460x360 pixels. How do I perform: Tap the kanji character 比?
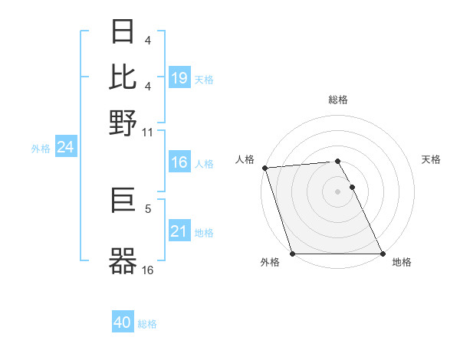(x=123, y=77)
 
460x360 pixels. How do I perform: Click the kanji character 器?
(x=123, y=260)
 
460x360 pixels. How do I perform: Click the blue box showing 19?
(x=179, y=78)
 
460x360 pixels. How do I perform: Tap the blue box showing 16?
(x=179, y=162)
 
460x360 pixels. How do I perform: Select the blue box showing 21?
(x=179, y=231)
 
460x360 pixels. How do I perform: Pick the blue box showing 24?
(x=65, y=147)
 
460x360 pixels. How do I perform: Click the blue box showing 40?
(x=123, y=322)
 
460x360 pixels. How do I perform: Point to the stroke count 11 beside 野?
(x=148, y=133)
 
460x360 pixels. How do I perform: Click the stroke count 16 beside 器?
(x=148, y=269)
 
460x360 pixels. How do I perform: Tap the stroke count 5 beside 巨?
(x=148, y=207)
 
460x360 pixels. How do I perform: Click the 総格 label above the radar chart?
(x=338, y=100)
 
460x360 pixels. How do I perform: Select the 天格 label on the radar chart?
(x=432, y=159)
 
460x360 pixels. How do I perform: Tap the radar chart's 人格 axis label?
(x=245, y=159)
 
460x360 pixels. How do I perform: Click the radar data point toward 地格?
(x=383, y=254)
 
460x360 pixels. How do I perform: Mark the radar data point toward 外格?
(x=293, y=254)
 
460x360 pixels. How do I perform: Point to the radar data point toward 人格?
(x=264, y=168)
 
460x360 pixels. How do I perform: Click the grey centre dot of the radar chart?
(x=338, y=191)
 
